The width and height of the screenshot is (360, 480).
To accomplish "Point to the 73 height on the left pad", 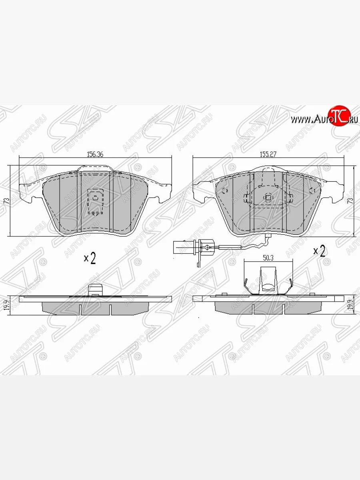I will point(6,201).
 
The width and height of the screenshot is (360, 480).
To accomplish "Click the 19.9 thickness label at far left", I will point(6,305).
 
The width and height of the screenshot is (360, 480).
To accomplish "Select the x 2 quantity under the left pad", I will point(90,258).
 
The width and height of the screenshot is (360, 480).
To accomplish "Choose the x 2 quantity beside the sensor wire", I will point(320,251).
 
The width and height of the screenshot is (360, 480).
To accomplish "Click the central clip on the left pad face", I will point(95,198).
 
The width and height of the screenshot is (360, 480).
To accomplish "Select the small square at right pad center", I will point(268,197).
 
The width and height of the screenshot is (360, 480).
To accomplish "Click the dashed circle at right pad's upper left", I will point(224,190).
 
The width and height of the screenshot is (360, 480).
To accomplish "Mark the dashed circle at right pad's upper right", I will point(312,190).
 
